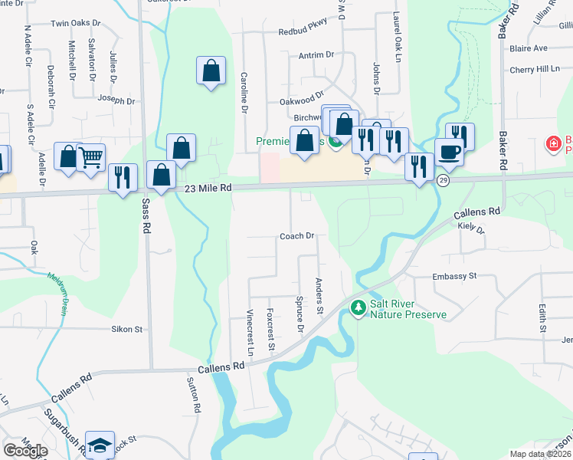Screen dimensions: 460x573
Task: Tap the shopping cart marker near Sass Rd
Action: [91, 157]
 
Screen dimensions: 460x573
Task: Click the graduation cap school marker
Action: [100, 444]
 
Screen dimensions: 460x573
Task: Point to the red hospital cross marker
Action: [552, 143]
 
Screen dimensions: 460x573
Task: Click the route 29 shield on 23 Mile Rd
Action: [443, 179]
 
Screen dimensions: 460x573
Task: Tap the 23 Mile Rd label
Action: [208, 188]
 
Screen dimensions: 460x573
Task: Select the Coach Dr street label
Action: [297, 236]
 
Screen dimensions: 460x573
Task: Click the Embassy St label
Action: [454, 276]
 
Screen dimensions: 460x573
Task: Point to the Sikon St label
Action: [128, 329]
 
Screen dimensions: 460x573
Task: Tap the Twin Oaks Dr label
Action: [75, 24]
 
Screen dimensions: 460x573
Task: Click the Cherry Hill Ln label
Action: [535, 69]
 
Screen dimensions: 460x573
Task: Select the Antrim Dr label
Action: [317, 54]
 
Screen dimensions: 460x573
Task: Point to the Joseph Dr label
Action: [116, 100]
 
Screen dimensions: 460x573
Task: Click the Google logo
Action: [25, 450]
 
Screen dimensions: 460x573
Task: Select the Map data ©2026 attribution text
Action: [540, 455]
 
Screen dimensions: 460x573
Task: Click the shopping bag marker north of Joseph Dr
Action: [211, 71]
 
